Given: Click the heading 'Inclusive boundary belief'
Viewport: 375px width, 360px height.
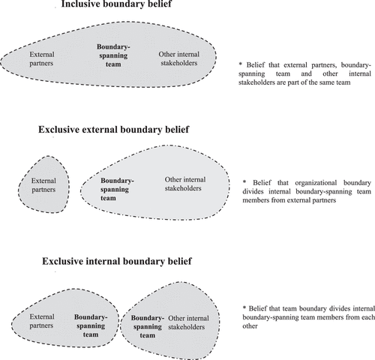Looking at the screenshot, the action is (x=116, y=4).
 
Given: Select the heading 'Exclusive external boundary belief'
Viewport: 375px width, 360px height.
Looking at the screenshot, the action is (x=114, y=130).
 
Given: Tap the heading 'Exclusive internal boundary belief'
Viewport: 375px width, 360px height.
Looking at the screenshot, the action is (x=117, y=261).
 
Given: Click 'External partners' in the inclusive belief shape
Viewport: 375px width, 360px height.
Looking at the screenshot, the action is (x=42, y=58).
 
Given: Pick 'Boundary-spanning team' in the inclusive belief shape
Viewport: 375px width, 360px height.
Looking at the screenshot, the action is (x=113, y=55).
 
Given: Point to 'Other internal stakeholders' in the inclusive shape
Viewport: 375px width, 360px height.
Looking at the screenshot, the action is (x=179, y=58).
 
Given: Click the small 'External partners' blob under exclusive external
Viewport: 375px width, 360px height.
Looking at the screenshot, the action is (x=43, y=185).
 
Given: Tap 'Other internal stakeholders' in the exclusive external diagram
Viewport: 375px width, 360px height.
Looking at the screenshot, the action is (x=185, y=184).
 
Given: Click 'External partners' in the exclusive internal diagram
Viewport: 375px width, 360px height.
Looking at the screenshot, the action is (x=42, y=321).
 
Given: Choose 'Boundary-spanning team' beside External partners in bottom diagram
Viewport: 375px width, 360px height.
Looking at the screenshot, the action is (x=91, y=325).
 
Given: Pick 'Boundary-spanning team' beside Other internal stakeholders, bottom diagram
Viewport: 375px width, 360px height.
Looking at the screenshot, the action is (x=148, y=326).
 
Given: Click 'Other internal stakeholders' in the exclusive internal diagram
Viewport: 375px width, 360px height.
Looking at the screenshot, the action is (x=188, y=322).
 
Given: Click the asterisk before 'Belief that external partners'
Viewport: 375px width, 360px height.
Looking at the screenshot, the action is (x=241, y=64).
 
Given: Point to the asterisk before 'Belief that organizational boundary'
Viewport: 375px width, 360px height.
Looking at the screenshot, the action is (x=244, y=182).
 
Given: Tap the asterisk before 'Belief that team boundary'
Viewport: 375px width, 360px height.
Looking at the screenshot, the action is (x=244, y=307).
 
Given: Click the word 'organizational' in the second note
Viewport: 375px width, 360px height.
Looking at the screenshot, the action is (x=316, y=183).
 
